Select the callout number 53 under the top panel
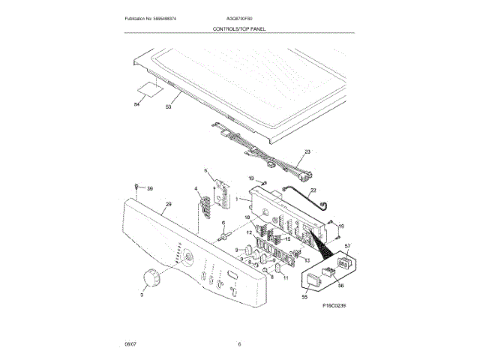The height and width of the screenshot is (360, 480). pos(169,107)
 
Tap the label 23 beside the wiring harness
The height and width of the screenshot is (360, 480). pos(306,151)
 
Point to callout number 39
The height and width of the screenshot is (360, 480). pos(148,188)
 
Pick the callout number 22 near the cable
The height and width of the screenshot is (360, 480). pos(313,190)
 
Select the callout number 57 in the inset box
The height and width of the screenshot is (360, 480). pos(347,247)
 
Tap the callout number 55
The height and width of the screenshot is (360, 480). pos(305,297)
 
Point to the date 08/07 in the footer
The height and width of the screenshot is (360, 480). pos(130,344)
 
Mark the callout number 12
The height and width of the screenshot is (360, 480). pos(249,233)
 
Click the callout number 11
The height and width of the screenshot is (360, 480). pos(285,277)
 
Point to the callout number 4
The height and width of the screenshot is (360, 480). pos(196,189)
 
